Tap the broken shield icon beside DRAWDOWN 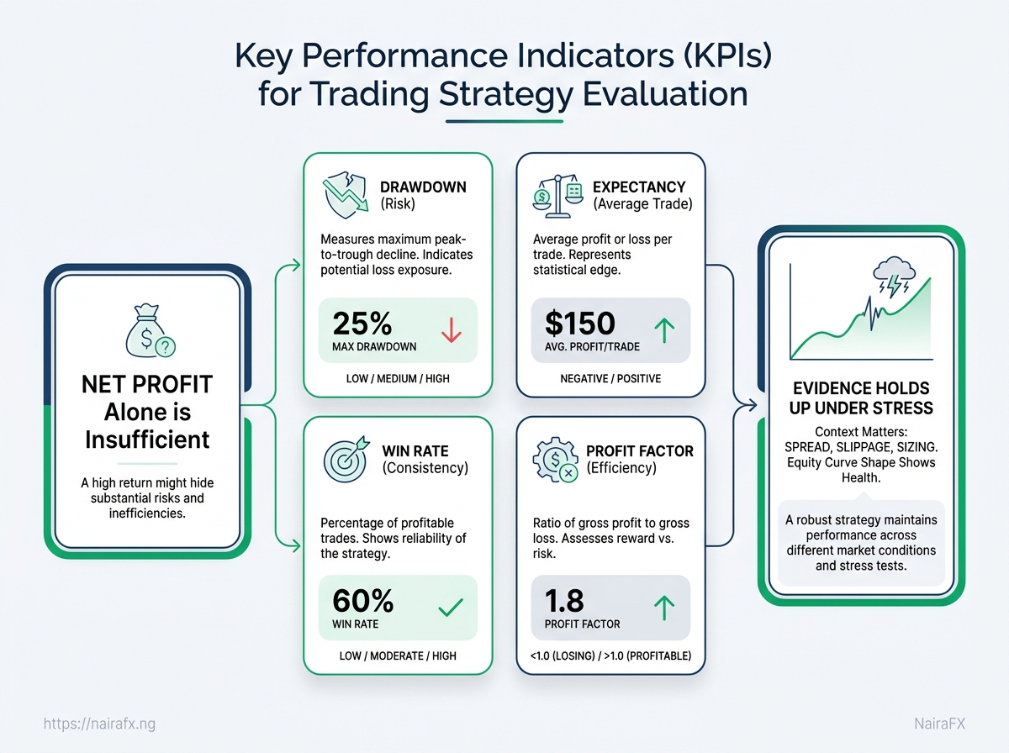(346, 195)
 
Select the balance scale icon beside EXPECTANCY (558, 196)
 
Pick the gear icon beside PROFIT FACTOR (555, 460)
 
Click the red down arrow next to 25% (452, 330)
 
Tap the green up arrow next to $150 (664, 331)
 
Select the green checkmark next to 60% (451, 607)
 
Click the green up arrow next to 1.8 (664, 608)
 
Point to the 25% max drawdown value (362, 324)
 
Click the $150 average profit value (579, 323)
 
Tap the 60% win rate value (362, 601)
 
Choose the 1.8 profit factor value (564, 601)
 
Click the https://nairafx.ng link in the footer (99, 724)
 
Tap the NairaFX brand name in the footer (939, 724)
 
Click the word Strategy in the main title (506, 95)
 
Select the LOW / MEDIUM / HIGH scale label (398, 378)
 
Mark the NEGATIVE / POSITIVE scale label (610, 378)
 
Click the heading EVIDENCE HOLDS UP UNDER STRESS (861, 398)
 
